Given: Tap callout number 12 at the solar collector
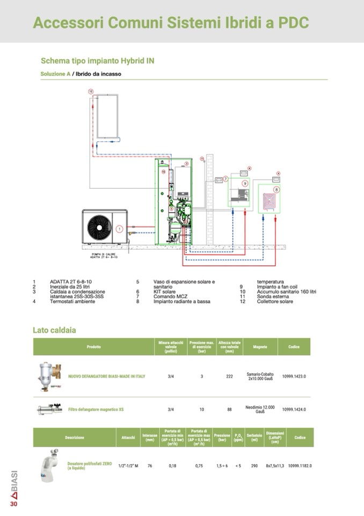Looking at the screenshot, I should pos(91,92).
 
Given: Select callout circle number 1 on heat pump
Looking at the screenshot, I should pos(119,228).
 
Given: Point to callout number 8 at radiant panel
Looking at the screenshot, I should pos(276,189).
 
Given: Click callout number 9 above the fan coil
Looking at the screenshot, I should pos(245,183).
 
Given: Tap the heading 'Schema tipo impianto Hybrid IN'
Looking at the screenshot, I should pos(98,61).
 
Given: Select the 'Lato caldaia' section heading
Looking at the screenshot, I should pos(54,330).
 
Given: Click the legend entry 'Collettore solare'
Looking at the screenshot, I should pos(275,301).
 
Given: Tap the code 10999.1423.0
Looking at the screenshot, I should pos(294,376).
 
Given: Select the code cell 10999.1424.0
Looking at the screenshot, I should pos(294,409).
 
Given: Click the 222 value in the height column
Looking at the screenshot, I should pos(229,376).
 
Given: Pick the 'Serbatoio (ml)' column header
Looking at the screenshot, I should pos(254,437).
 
